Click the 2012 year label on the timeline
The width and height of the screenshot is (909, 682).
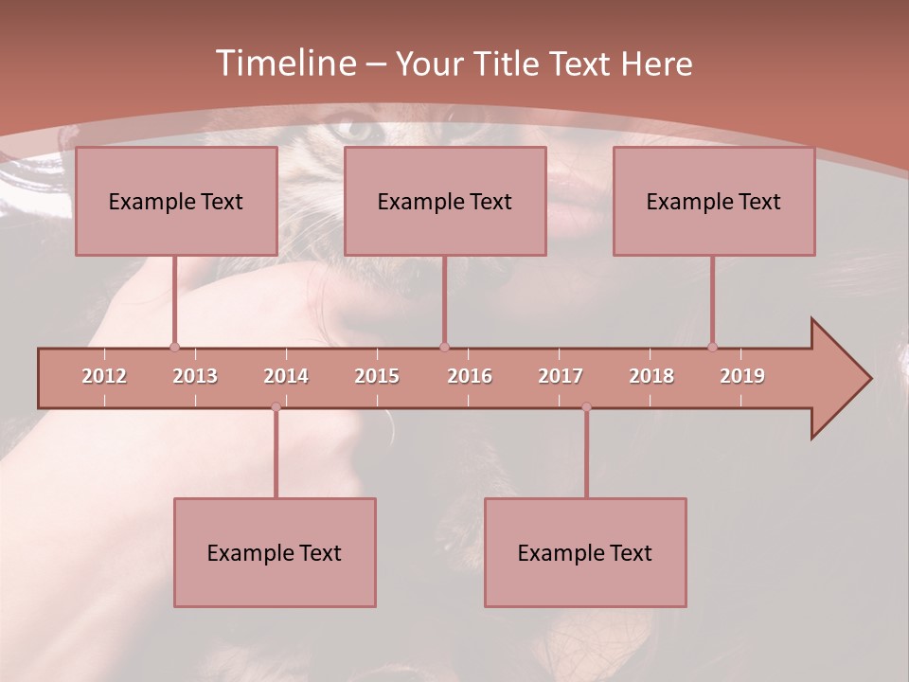click(x=104, y=376)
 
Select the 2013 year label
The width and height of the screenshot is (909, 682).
click(x=195, y=376)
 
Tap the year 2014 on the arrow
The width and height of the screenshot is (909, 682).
click(x=286, y=376)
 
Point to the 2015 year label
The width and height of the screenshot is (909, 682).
click(x=377, y=376)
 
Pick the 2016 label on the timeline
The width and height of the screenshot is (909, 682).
click(x=470, y=376)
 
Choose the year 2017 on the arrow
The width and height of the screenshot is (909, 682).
click(x=561, y=376)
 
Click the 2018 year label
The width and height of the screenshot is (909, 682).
click(x=651, y=376)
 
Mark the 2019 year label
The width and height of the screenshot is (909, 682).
click(x=742, y=376)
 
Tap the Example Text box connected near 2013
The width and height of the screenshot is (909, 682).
click(x=176, y=201)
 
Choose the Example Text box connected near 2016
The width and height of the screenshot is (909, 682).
click(x=445, y=201)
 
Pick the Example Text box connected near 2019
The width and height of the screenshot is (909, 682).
click(x=714, y=201)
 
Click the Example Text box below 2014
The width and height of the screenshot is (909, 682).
click(x=275, y=552)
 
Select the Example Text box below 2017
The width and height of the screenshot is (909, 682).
click(x=585, y=552)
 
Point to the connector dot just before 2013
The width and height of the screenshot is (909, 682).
click(x=174, y=347)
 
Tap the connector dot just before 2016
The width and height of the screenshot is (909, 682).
click(x=444, y=347)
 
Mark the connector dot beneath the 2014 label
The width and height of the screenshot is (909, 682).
click(x=276, y=406)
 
